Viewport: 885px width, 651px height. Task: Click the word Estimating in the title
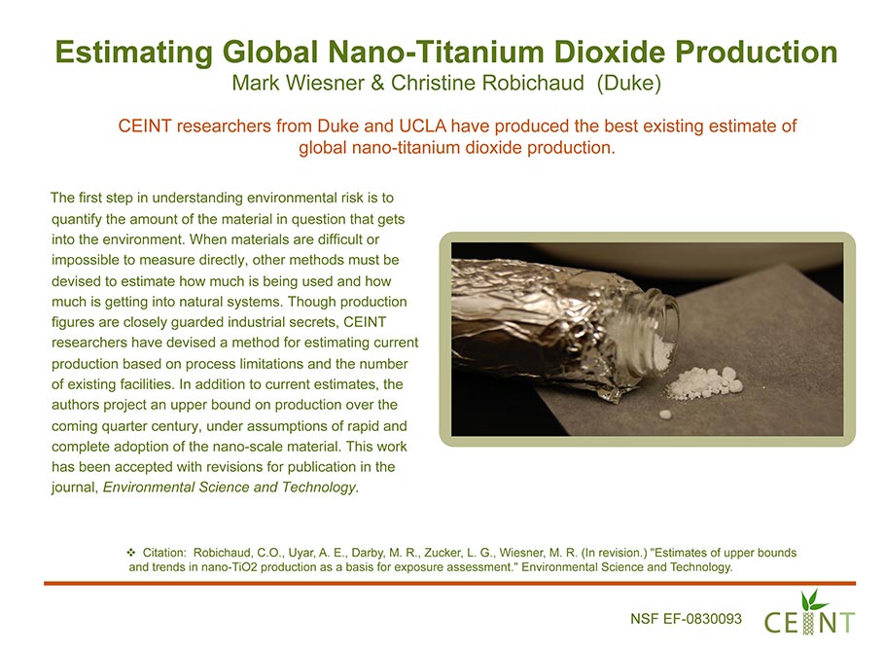tap(134, 52)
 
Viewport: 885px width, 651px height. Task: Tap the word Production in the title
tap(757, 52)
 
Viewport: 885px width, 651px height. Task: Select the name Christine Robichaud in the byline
tap(487, 83)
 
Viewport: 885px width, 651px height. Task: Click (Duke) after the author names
tap(629, 83)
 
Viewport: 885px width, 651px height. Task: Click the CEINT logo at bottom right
tap(809, 613)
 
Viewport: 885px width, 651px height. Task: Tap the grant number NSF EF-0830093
tap(686, 619)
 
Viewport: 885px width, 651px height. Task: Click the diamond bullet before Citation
tap(131, 552)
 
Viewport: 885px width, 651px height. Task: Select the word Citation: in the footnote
tap(164, 552)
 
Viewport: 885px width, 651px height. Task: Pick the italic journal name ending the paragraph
tap(230, 487)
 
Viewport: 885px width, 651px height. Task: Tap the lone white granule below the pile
tap(665, 415)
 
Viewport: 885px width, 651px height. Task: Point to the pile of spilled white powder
tap(704, 381)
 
